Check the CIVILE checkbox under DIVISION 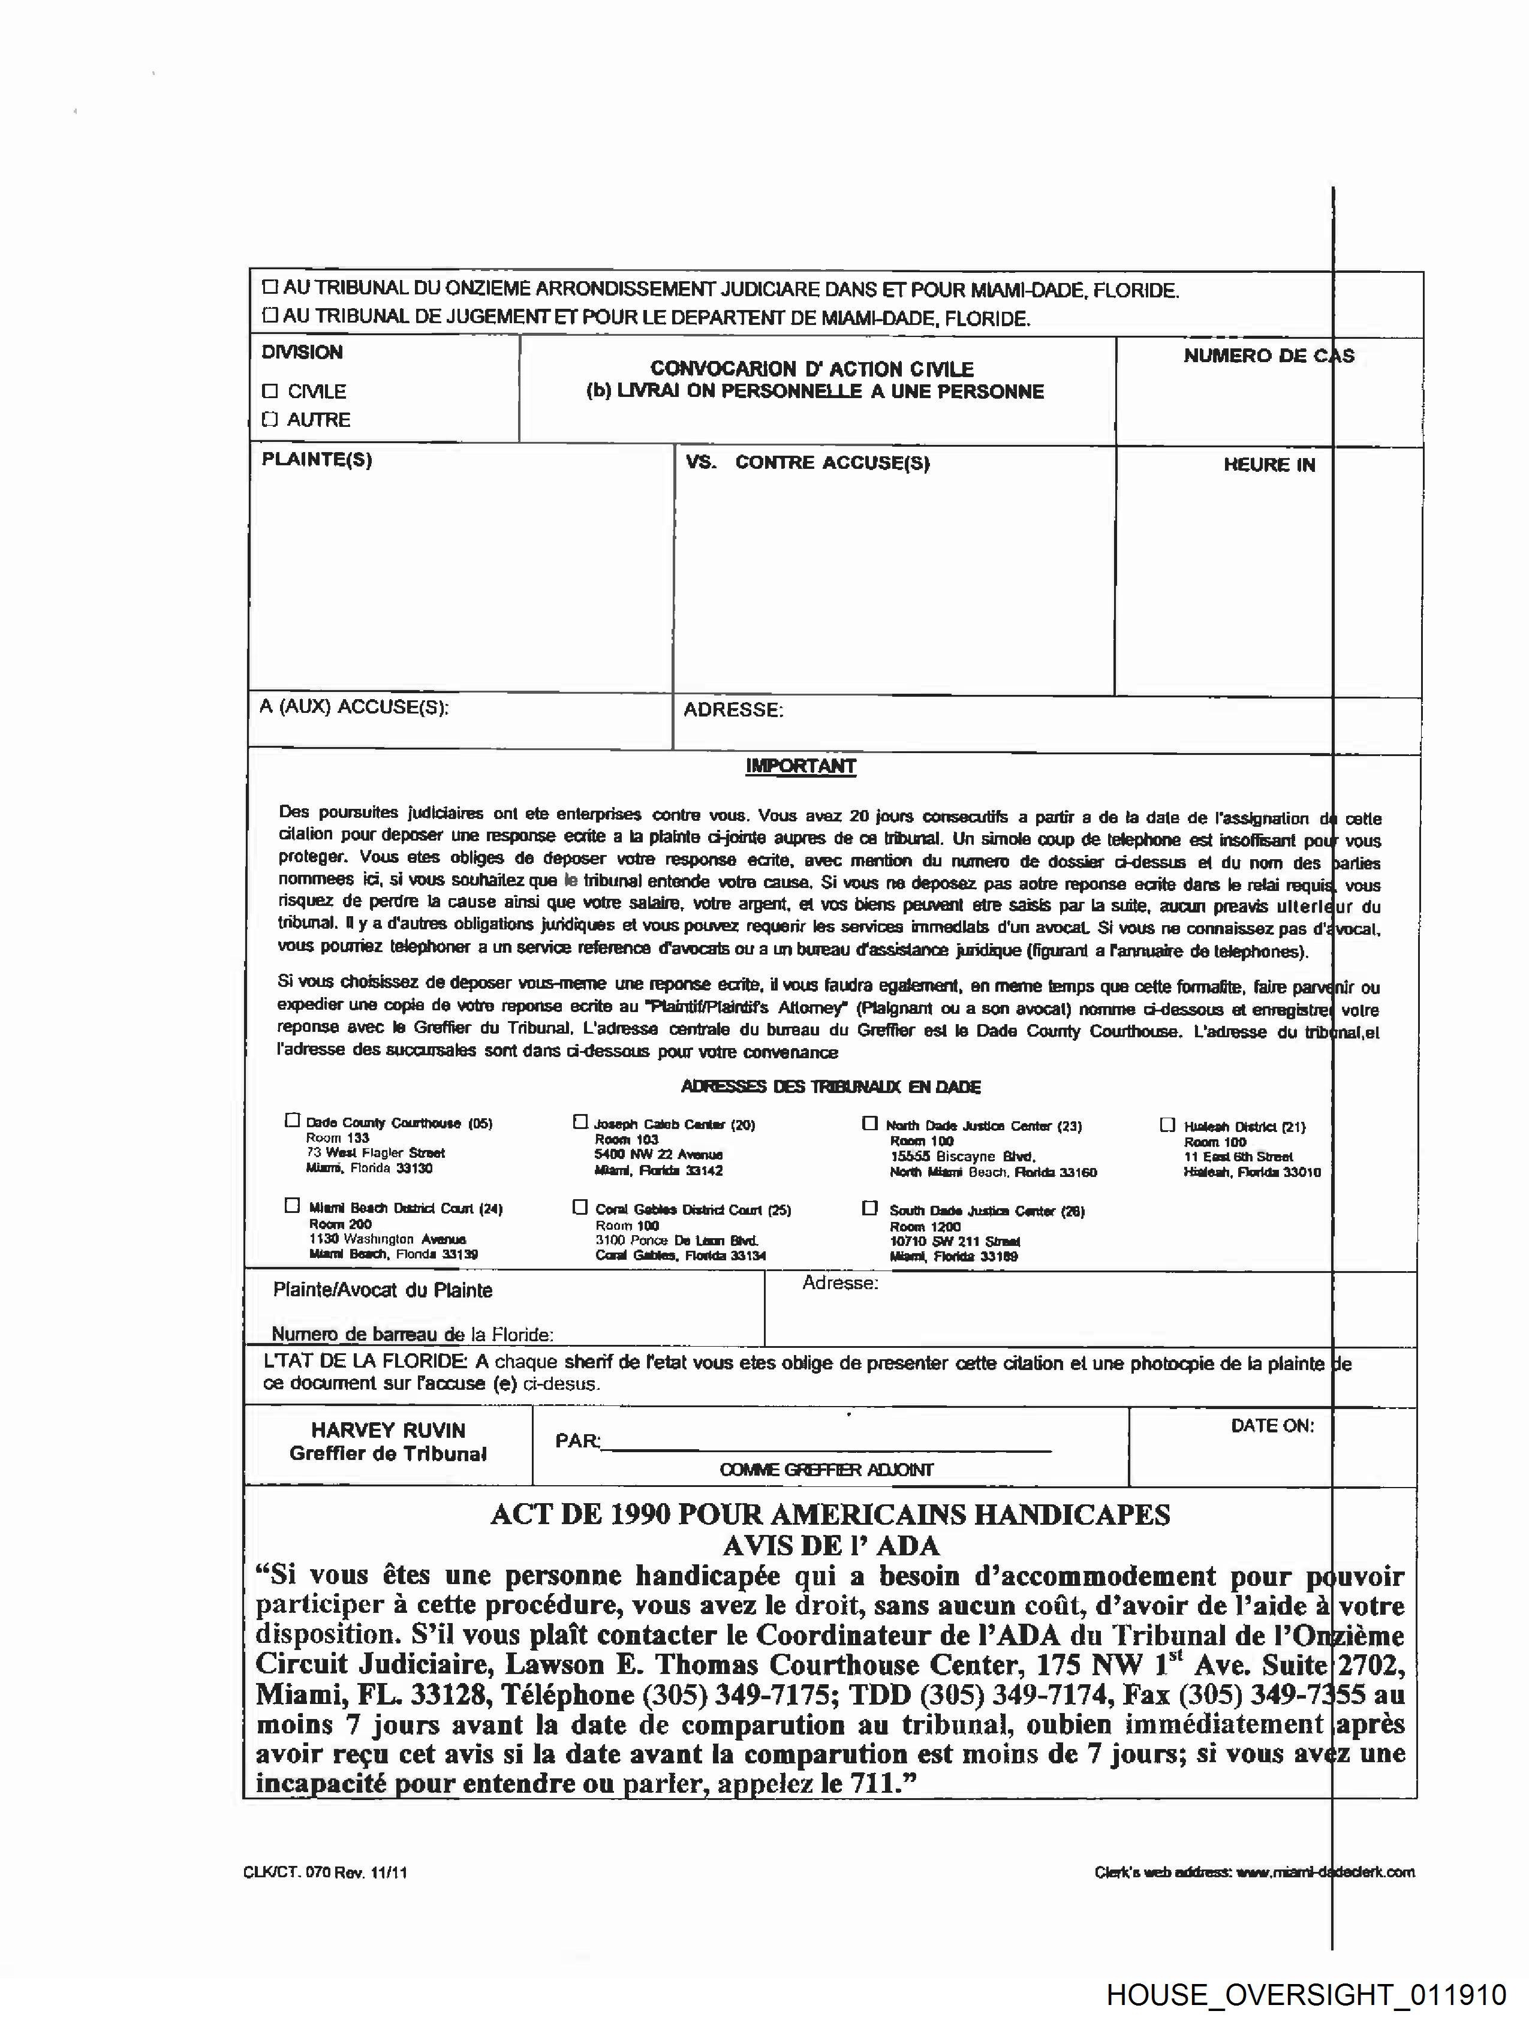[x=269, y=391]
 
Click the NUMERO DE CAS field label [x=1268, y=356]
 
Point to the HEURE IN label [x=1269, y=465]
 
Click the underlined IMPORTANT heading [x=800, y=766]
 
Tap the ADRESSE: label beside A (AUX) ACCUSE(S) [x=733, y=709]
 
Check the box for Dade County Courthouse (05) [x=292, y=1121]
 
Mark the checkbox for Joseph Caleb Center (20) [x=580, y=1121]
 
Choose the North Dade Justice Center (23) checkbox [x=869, y=1123]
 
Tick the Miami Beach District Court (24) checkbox [x=292, y=1205]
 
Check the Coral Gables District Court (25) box [x=580, y=1207]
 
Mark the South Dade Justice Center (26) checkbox [x=869, y=1208]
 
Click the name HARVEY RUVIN [x=388, y=1430]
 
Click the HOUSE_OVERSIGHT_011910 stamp [x=1306, y=1994]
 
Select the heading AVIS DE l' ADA [x=830, y=1545]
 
